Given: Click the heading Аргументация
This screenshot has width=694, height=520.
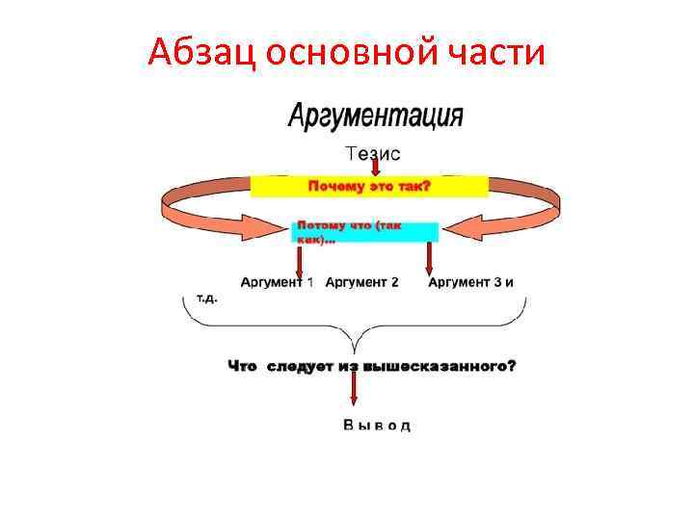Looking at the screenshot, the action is tap(376, 117).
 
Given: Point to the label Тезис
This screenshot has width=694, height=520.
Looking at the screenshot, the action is tap(373, 153).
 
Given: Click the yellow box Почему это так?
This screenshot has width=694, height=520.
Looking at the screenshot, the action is tap(369, 186).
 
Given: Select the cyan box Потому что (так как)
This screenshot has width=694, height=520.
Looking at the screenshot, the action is tap(364, 232).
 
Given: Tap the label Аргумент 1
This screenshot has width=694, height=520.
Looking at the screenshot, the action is tap(277, 282).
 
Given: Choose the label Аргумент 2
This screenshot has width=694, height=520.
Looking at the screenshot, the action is tap(361, 282).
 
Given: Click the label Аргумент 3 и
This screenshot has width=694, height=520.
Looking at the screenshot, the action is tap(470, 282).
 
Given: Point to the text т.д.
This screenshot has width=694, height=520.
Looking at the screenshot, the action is tap(207, 298).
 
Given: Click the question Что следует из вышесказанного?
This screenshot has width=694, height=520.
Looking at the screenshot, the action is tap(372, 366).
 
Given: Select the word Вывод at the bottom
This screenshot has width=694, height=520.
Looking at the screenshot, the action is tap(377, 425).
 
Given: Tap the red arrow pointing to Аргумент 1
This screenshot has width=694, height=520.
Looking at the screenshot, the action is tap(300, 261).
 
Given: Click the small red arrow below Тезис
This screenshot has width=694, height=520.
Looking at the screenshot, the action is tap(375, 168).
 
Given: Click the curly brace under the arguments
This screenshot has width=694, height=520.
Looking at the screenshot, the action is tap(355, 332).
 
